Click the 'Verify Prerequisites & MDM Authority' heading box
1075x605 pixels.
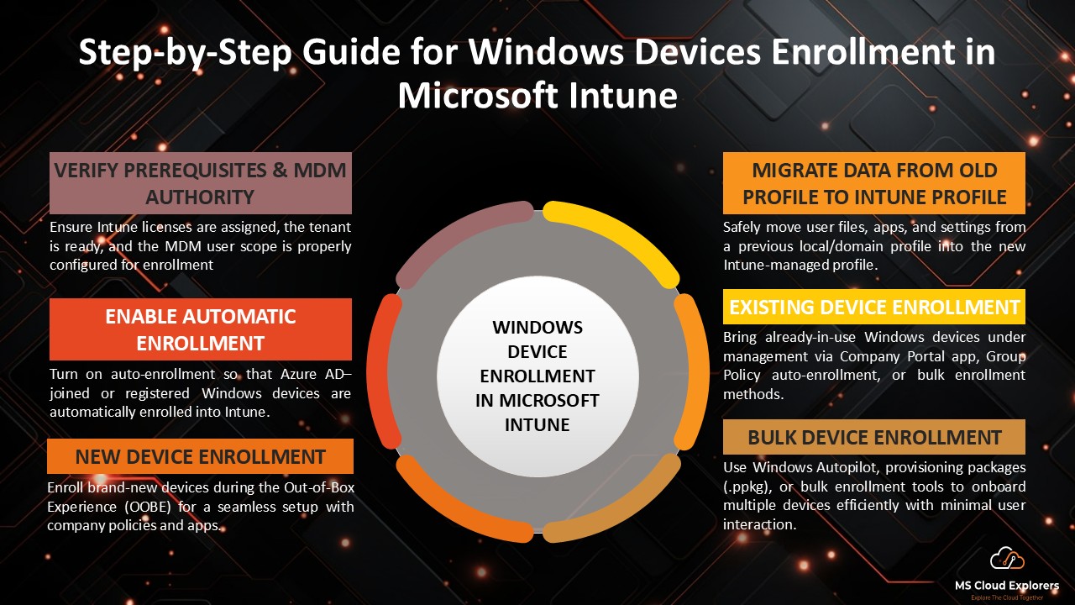200,183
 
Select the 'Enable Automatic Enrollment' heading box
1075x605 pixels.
200,329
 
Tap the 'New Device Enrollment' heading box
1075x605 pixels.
200,456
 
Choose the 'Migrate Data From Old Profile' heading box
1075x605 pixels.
873,183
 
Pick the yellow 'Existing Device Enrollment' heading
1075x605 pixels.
873,308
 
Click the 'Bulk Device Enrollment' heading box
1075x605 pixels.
873,437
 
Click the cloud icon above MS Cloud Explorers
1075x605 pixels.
1007,559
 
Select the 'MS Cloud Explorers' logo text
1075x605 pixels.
1007,585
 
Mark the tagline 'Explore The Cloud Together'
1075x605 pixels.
1007,597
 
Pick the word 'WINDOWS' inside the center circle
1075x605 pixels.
537,327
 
